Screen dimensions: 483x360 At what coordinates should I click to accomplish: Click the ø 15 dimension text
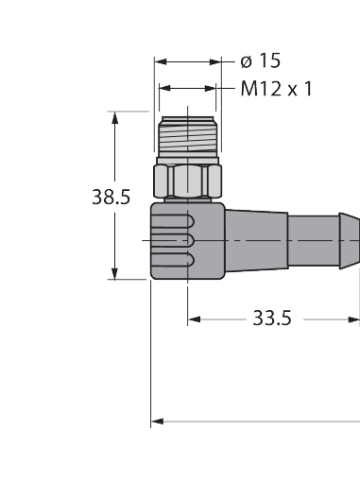point(261,61)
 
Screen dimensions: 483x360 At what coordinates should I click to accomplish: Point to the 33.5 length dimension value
point(271,319)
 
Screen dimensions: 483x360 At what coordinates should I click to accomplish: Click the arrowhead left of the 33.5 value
point(194,319)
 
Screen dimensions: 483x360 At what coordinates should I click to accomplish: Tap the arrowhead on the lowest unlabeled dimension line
point(158,421)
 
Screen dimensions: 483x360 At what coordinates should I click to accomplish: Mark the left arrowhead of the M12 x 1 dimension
point(165,88)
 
